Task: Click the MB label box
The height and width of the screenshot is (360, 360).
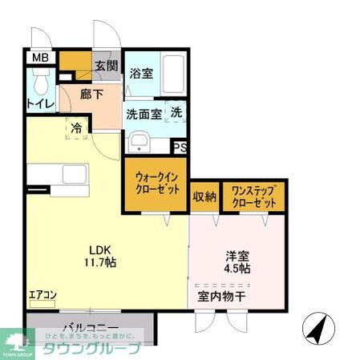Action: point(40,58)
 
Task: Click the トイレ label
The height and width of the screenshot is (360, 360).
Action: point(40,103)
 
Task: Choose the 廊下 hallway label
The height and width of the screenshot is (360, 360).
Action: point(91,94)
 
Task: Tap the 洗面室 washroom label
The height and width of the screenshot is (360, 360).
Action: point(144,114)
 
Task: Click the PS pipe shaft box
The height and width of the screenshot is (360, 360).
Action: point(180,148)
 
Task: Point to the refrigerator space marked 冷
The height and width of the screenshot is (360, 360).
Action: point(76,127)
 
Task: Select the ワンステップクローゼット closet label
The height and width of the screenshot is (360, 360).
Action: point(253,196)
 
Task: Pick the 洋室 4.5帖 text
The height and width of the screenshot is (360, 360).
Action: point(237,262)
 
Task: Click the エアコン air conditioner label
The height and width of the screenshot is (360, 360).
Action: point(42,295)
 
